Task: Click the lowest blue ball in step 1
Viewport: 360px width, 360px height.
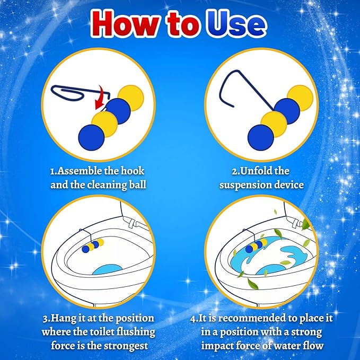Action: point(91,137)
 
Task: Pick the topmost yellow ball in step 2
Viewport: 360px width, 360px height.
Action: point(300,98)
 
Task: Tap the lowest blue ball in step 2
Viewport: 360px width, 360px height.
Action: point(261,137)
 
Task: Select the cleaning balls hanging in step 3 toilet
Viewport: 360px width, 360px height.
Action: point(93,245)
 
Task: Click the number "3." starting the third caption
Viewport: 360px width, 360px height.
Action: point(46,319)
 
